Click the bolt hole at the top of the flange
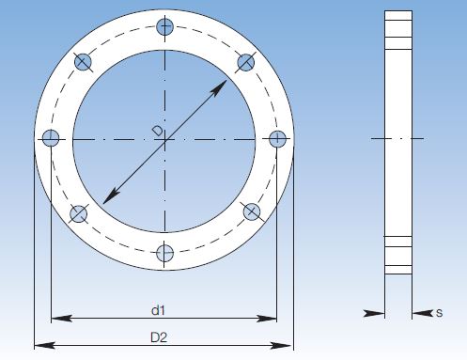coord(164,26)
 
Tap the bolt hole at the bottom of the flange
coord(165,253)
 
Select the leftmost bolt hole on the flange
coord(51,138)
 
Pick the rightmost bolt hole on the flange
coord(277,139)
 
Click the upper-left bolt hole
coord(83,62)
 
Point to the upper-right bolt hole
coord(246,62)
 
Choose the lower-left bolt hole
coord(78,214)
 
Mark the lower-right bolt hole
coord(252,211)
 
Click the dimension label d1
coord(158,310)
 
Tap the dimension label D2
coord(159,337)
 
